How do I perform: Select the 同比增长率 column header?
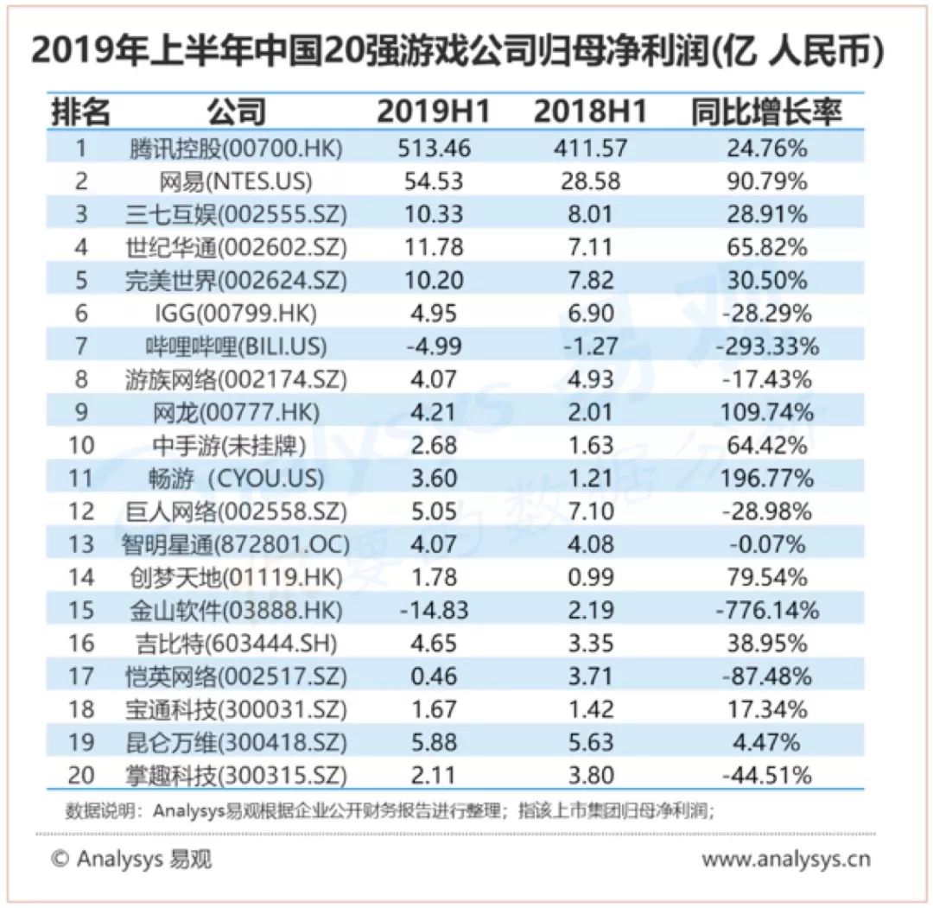[x=765, y=111]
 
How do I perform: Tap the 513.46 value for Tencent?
[x=435, y=148]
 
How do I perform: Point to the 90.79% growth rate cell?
[x=767, y=181]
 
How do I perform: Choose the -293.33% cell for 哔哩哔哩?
[x=767, y=346]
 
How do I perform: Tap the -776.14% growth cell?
[x=767, y=610]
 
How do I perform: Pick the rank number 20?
[x=82, y=775]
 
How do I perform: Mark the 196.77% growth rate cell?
[x=767, y=478]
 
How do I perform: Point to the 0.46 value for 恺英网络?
[x=435, y=676]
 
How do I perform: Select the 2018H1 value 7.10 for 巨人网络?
[x=592, y=511]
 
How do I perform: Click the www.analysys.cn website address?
[x=785, y=860]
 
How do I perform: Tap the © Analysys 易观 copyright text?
[x=131, y=860]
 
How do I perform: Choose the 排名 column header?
[x=82, y=111]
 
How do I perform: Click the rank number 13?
[x=82, y=544]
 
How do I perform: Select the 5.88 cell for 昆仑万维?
[x=435, y=742]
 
